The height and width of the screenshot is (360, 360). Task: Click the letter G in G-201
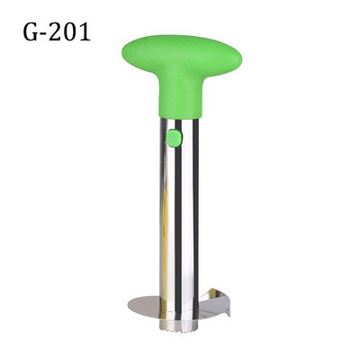pos(32,32)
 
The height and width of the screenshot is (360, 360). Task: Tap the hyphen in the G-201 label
pos(45,34)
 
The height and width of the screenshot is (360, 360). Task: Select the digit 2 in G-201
pos(56,31)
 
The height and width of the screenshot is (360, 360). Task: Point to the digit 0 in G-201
pos(70,32)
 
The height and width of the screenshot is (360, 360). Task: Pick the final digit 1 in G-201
pos(85,31)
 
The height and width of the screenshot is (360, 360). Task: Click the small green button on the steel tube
pos(175,138)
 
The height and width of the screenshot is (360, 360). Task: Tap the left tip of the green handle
pos(122,55)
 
